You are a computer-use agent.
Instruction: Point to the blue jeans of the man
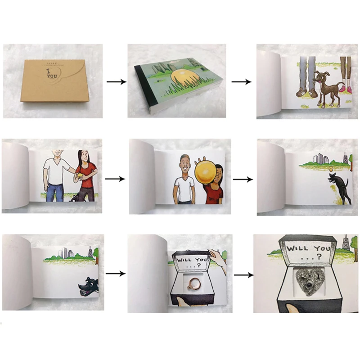point(55,192)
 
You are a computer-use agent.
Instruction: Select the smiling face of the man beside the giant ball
point(184,165)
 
